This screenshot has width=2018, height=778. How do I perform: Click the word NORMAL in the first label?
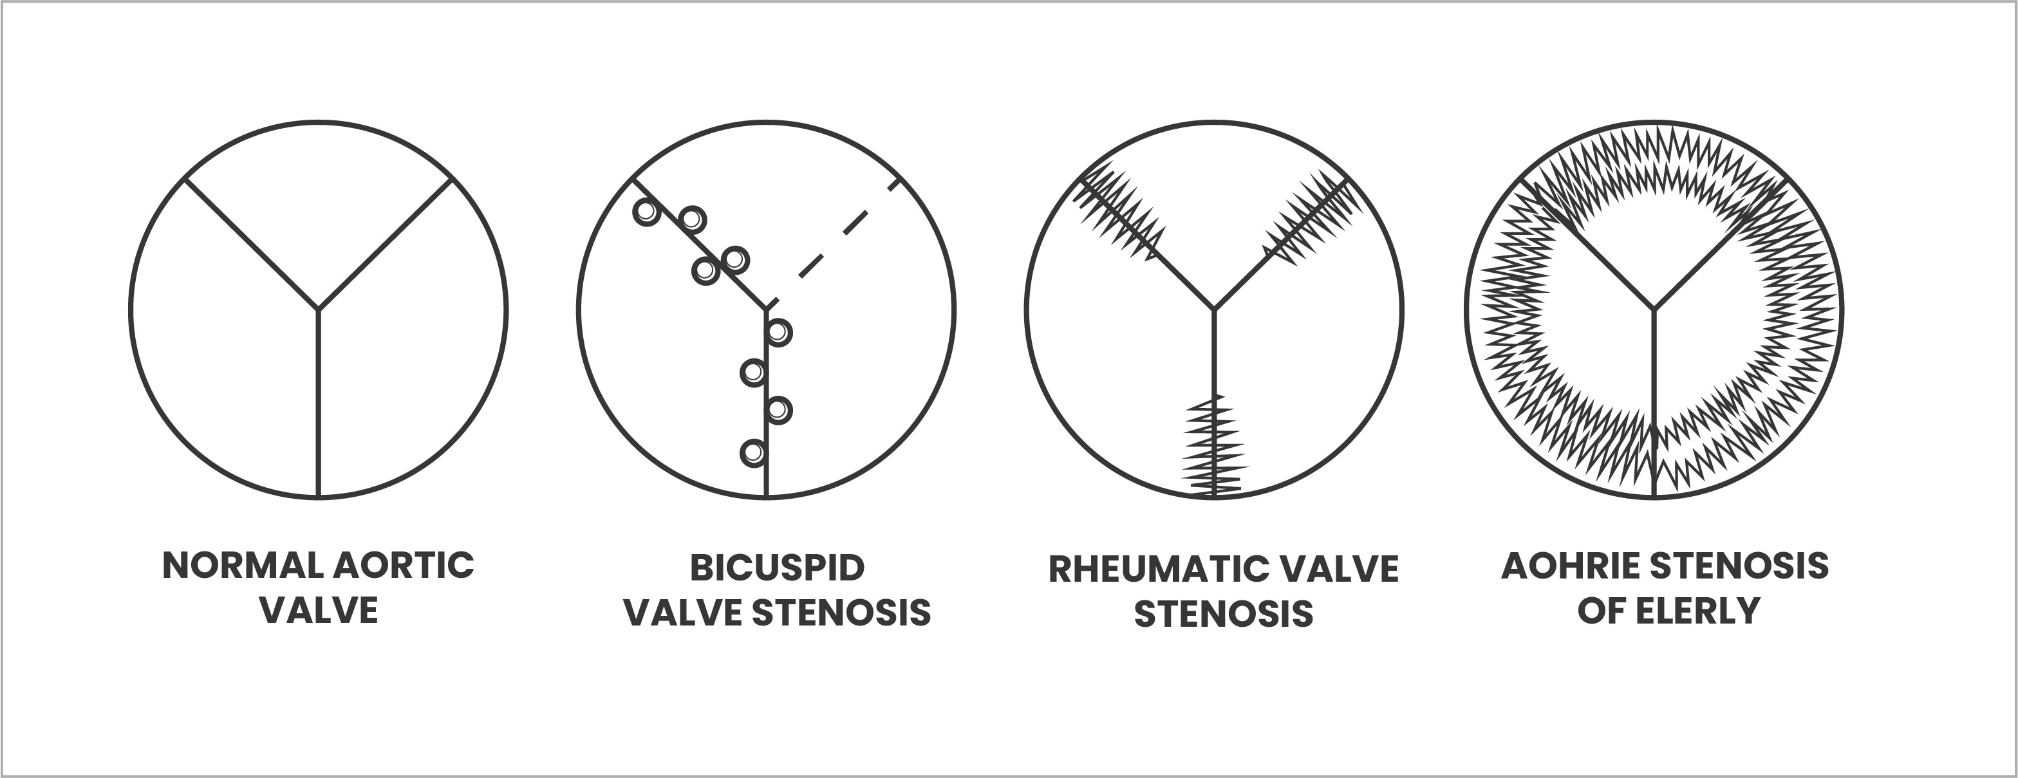tap(245, 566)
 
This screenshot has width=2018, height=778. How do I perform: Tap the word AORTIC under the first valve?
tap(404, 566)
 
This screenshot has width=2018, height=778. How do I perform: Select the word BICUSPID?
tap(776, 568)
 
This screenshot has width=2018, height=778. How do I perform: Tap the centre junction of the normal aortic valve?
tap(319, 309)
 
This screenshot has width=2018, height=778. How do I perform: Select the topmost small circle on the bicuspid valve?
tap(646, 212)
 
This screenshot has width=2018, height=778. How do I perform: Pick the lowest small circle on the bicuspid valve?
tap(753, 453)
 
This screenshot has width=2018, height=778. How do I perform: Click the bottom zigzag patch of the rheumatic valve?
tap(1214, 447)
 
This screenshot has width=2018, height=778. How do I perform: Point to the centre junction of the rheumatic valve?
tap(1213, 309)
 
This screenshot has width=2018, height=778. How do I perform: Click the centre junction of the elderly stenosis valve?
tap(1654, 309)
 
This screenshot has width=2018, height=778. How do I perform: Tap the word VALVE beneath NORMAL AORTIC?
tap(319, 610)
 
